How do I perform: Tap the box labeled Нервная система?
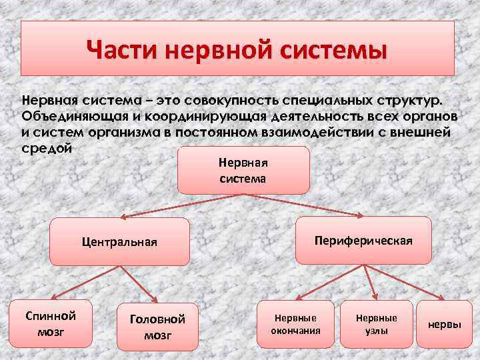243,170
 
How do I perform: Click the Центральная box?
120,241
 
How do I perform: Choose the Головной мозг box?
157,327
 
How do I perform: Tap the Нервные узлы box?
376,324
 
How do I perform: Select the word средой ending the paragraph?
47,147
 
